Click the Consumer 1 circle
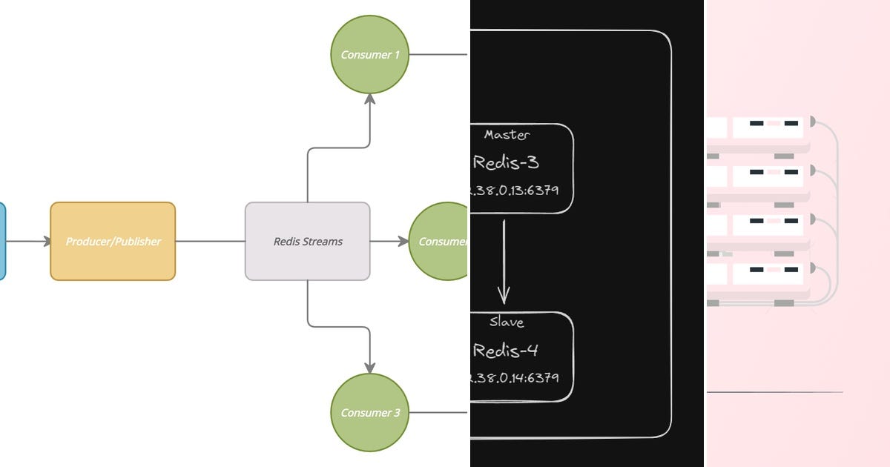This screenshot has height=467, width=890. click(369, 55)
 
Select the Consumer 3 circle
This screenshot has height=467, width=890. click(369, 412)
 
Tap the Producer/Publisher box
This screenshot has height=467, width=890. click(113, 241)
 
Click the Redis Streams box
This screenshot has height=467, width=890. click(307, 241)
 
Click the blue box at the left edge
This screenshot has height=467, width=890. click(2, 241)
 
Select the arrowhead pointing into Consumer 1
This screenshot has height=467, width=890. click(369, 99)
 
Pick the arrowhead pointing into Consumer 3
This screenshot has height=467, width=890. click(369, 367)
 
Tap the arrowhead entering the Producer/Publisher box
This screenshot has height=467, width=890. click(46, 241)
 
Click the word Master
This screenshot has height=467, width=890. click(507, 135)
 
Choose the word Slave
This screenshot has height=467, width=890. click(507, 322)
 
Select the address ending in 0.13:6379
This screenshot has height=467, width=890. click(514, 191)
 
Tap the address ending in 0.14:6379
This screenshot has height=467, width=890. click(514, 377)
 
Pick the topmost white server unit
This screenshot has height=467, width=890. click(768, 127)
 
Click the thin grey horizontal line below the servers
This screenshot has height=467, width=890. click(774, 392)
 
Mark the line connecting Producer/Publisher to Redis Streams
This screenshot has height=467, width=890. click(210, 241)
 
